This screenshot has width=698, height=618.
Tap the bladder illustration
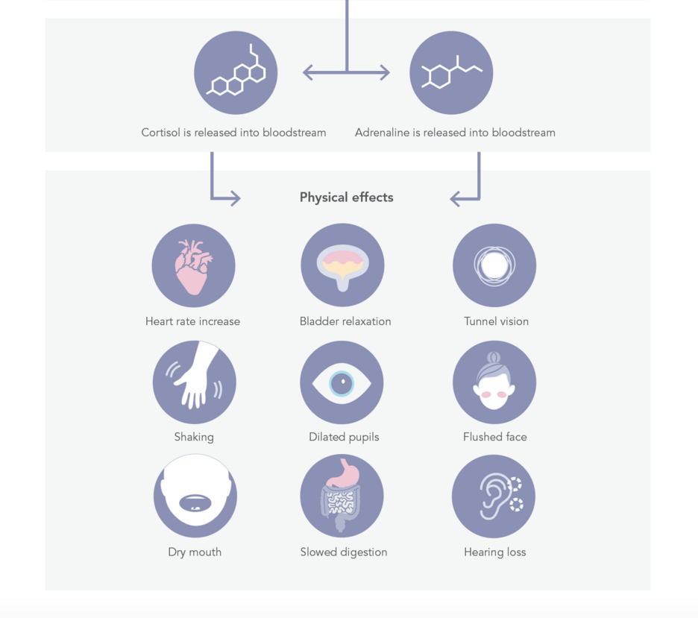[x=342, y=267]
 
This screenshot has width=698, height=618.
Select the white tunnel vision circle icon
[x=494, y=265]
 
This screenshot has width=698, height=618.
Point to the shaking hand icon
[x=195, y=376]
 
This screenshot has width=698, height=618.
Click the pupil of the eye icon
[x=342, y=383]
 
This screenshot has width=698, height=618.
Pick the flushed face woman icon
[x=494, y=382]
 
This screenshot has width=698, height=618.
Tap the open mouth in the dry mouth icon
[x=195, y=502]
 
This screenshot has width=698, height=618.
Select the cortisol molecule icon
[x=236, y=70]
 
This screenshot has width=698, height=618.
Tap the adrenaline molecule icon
[x=451, y=72]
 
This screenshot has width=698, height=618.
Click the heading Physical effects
[x=346, y=197]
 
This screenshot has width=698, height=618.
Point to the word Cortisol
[x=160, y=133]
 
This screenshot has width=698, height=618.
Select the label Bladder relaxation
[x=345, y=321]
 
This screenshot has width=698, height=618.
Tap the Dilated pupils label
[x=344, y=437]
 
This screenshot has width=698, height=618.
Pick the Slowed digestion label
[x=344, y=552]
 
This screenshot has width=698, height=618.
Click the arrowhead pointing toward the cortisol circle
[x=307, y=72]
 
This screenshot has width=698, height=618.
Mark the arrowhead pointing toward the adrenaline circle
[x=385, y=72]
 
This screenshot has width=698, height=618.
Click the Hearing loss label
[x=495, y=552]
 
